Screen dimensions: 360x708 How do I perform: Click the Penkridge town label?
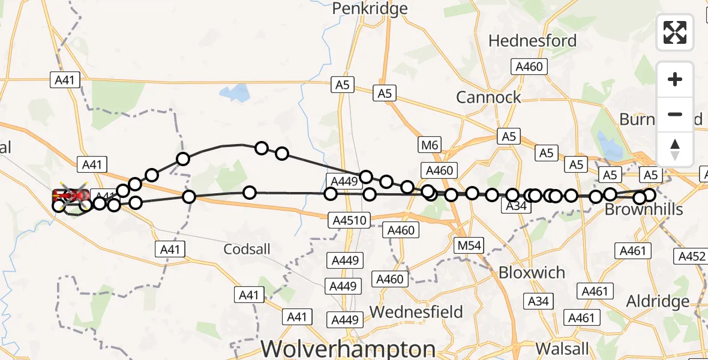pos(370,8)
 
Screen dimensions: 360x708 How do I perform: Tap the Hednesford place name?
pos(532,41)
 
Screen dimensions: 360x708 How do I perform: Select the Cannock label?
pos(488,97)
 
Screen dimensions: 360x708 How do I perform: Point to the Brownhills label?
pos(644,209)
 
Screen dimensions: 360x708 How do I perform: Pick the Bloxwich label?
pos(532,272)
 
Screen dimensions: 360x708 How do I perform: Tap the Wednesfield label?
pos(416,312)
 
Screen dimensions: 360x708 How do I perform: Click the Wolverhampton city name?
pos(349,349)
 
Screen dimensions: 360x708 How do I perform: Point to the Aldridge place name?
pos(658,301)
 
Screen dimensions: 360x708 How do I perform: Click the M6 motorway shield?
pos(430,145)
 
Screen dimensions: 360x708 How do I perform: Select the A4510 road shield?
pos(348,220)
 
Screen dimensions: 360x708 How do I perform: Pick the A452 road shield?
pos(691,256)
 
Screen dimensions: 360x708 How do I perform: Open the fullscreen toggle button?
pos(675,32)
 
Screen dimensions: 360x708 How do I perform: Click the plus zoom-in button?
pos(675,79)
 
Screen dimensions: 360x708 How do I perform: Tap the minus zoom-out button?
pos(675,114)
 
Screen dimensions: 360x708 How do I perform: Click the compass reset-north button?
pos(675,149)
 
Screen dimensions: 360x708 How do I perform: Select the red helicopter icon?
pos(71,195)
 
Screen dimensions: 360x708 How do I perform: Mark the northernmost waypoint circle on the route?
pos(262,148)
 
